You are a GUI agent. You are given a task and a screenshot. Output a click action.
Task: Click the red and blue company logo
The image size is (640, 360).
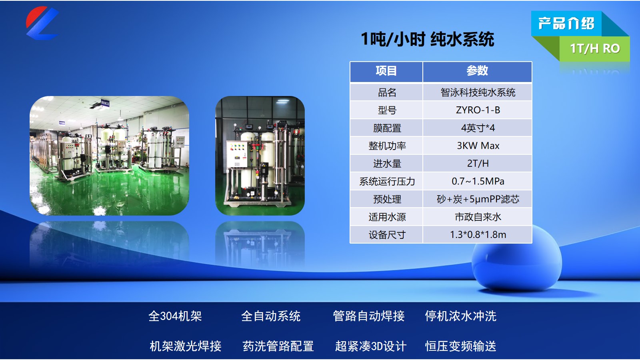coord(42,23)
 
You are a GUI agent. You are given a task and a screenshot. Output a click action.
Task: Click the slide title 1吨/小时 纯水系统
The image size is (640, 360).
coord(427,39)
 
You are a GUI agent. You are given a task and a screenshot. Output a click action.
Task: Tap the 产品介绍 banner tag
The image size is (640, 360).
coord(566,23)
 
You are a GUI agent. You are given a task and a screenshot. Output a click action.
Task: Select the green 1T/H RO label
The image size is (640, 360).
coord(594,48)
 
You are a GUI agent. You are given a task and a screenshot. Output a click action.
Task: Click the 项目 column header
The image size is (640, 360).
coord(386,71)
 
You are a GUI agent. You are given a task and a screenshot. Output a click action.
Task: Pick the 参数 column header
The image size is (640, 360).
coord(477,71)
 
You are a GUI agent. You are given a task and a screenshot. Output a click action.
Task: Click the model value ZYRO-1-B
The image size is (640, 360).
coord(478,110)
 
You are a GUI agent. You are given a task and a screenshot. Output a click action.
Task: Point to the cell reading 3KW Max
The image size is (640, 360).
coord(478,146)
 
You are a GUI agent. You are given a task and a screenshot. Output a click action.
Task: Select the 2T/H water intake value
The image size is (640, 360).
coord(478,163)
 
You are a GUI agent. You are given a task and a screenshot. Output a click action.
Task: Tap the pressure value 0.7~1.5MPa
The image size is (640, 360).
coord(478,181)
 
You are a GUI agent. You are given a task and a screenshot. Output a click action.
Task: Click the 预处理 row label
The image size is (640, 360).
coord(386,199)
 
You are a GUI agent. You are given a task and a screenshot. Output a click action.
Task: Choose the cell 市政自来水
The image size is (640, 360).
coord(478,217)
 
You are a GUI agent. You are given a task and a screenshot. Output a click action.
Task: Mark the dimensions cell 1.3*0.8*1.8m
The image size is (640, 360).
coord(478,235)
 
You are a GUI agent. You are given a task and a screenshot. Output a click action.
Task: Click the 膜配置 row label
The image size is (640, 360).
coord(386,128)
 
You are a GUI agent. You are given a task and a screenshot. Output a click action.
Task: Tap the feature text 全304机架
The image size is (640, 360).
coord(175,316)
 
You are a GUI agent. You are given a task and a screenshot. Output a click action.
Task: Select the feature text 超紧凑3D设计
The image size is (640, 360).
coord(370,346)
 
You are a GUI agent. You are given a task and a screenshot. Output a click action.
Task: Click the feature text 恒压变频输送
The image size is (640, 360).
coord(460,346)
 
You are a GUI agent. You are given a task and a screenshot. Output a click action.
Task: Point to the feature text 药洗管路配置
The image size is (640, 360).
coord(278,346)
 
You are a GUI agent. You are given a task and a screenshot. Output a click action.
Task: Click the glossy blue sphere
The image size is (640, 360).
coord(516,260)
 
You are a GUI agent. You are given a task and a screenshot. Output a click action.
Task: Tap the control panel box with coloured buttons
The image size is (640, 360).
coord(236,154)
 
